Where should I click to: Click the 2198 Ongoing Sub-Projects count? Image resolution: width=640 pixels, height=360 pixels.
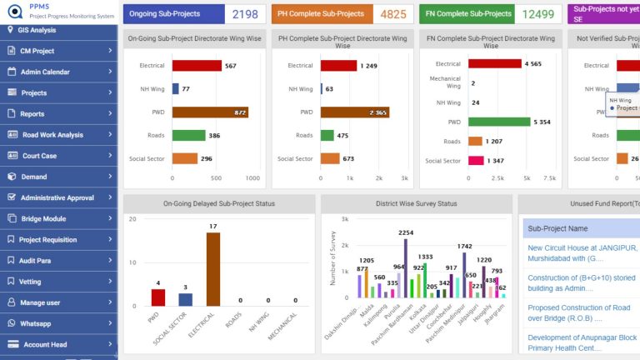[245, 14]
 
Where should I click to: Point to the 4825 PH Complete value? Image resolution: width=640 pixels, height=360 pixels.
[393, 14]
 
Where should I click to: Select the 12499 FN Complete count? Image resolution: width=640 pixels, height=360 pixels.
[538, 14]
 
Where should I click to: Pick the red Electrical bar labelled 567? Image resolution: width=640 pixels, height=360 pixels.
[197, 66]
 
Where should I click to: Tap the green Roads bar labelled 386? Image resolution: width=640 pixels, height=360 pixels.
[188, 135]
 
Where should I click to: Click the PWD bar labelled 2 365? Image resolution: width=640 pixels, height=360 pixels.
[354, 112]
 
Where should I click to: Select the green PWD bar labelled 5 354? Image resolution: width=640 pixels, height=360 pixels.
[498, 122]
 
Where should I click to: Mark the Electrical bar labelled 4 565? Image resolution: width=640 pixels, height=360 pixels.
[494, 63]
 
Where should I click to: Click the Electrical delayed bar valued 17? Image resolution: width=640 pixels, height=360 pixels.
[213, 269]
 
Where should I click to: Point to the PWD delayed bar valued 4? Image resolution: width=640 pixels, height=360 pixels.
[158, 297]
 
